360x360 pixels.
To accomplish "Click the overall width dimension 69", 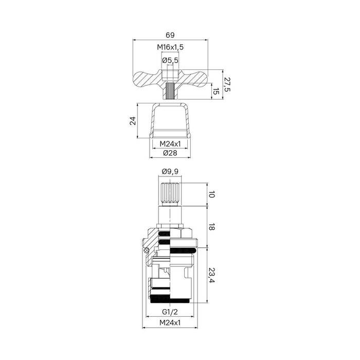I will point(170,35).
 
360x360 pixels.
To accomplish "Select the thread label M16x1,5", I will point(170,47).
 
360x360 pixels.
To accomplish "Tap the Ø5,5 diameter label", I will point(170,61).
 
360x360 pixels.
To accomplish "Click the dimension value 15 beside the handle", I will point(216,92).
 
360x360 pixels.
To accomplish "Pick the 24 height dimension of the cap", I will point(132,121).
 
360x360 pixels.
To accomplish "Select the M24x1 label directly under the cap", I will point(170,143).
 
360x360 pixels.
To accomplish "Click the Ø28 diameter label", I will point(170,154).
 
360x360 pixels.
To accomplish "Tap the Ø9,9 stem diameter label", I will point(170,172).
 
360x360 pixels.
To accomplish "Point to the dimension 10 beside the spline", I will point(211,194).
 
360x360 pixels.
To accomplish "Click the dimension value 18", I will point(211,227).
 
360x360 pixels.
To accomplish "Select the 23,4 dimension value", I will point(211,276).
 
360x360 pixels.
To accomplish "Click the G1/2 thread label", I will point(170,312).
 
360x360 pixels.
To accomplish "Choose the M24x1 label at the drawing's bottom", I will point(170,322).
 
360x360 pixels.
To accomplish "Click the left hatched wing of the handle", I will point(147,79).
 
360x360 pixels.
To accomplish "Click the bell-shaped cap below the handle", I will point(170,121).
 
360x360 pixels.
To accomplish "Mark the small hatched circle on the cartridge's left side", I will point(147,251).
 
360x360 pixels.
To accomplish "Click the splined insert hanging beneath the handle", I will point(170,93).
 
